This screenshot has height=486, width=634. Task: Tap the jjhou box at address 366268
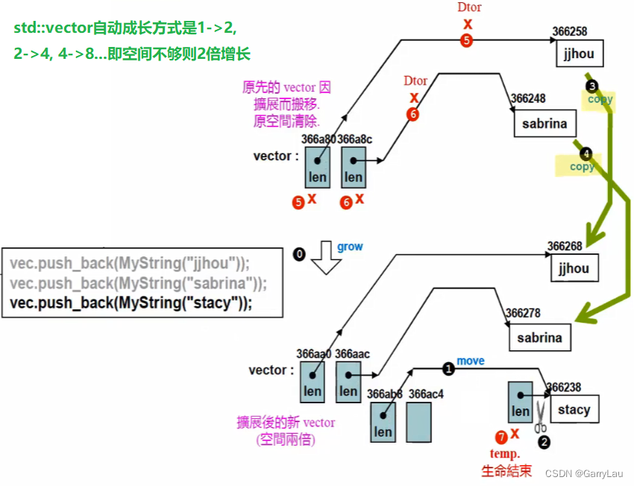[x=574, y=268]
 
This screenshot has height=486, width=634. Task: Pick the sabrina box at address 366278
[x=539, y=337]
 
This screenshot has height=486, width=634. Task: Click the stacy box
[x=573, y=409]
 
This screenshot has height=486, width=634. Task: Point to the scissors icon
[x=541, y=417]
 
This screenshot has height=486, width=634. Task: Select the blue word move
[x=470, y=361]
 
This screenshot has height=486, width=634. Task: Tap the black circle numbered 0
[x=299, y=255]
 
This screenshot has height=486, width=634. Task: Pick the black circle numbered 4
[x=586, y=154]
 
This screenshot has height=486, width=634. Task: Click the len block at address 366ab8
[x=383, y=422]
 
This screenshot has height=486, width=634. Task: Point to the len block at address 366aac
[x=348, y=382]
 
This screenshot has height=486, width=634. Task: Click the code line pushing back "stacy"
[x=131, y=303]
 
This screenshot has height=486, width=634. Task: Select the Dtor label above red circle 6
[x=415, y=81]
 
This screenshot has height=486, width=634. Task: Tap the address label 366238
[x=566, y=388]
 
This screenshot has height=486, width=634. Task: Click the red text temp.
[x=505, y=454]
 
